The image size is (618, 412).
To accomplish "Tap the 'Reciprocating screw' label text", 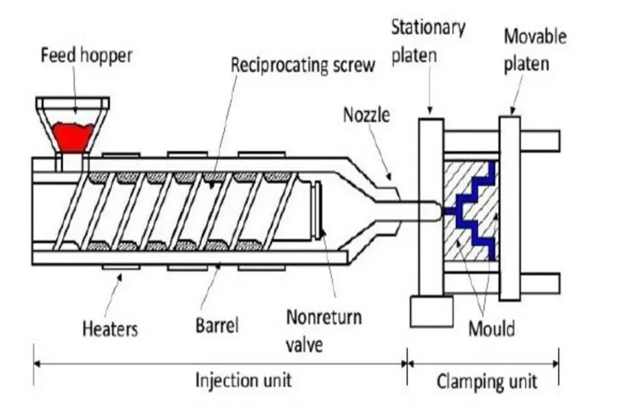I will coord(303,65).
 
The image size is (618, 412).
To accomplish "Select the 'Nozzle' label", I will coord(366,115).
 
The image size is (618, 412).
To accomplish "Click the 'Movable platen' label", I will coord(535,49).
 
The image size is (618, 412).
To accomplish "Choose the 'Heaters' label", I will coord(110,328).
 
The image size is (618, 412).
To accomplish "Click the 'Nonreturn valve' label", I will coord(323,329).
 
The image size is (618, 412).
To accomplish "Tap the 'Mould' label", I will coord(491,328).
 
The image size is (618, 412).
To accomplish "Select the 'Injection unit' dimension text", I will coord(244,379).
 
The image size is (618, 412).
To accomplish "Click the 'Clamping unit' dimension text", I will coord(487,380).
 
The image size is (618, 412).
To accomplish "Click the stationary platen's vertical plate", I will coord(431,206).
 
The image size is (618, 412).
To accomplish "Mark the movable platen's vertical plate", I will coord(509,206).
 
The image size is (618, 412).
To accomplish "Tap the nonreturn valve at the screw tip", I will coord(320,209).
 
